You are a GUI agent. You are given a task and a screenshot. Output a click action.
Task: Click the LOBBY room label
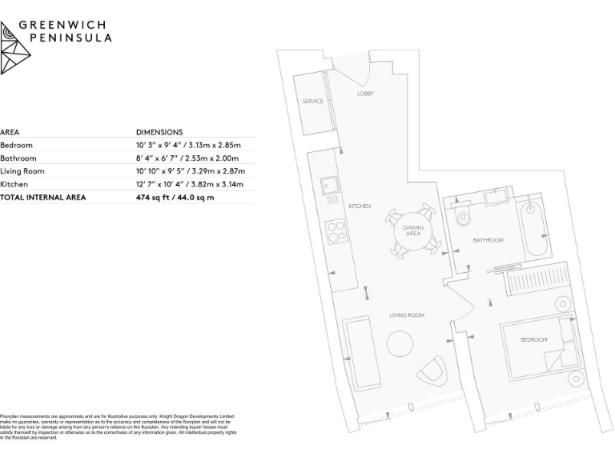pyautogui.click(x=365, y=94)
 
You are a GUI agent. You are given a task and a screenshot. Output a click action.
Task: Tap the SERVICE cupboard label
pyautogui.click(x=312, y=102)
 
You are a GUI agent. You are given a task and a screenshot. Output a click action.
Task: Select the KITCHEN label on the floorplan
pyautogui.click(x=360, y=206)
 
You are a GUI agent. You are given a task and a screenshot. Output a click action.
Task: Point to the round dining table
pyautogui.click(x=412, y=232)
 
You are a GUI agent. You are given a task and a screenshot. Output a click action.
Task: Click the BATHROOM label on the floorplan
pyautogui.click(x=487, y=240)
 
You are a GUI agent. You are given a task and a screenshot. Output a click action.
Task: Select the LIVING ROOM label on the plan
pyautogui.click(x=407, y=315)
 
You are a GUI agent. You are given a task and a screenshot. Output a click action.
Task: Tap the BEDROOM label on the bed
pyautogui.click(x=533, y=340)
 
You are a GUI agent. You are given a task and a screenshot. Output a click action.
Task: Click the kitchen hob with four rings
pyautogui.click(x=335, y=232)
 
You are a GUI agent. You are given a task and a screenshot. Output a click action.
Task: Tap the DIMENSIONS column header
pyautogui.click(x=159, y=132)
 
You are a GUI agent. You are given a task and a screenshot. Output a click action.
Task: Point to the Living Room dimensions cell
pyautogui.click(x=191, y=170)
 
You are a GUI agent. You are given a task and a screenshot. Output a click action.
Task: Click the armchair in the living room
pyautogui.click(x=434, y=369)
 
